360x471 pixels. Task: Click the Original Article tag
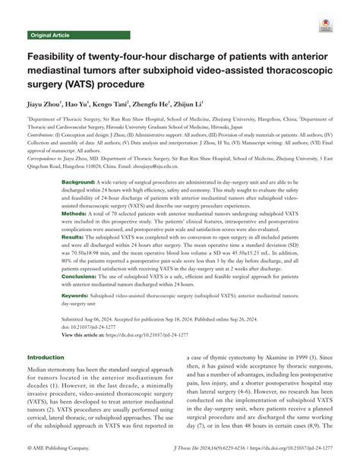coord(49,36)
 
